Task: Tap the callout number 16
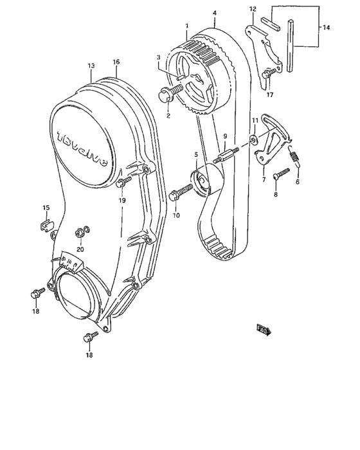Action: [x=116, y=62]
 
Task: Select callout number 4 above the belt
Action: [x=214, y=12]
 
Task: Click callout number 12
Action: [x=253, y=9]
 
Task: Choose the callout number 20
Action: [x=80, y=249]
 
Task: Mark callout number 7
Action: [x=262, y=180]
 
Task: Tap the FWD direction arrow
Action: [x=263, y=330]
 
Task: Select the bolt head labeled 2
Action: [x=165, y=96]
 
